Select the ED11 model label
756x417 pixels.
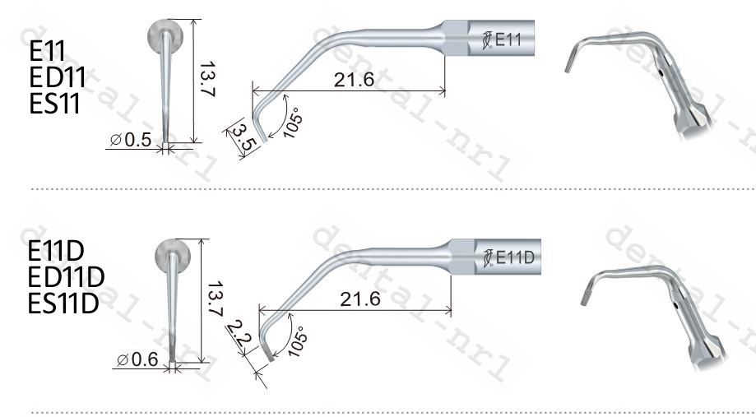57,78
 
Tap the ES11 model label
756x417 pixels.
55,104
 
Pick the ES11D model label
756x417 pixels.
63,302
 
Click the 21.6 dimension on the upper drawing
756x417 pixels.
355,79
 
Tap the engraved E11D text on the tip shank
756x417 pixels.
515,258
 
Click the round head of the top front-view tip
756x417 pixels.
165,38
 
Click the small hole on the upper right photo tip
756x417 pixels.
664,76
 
